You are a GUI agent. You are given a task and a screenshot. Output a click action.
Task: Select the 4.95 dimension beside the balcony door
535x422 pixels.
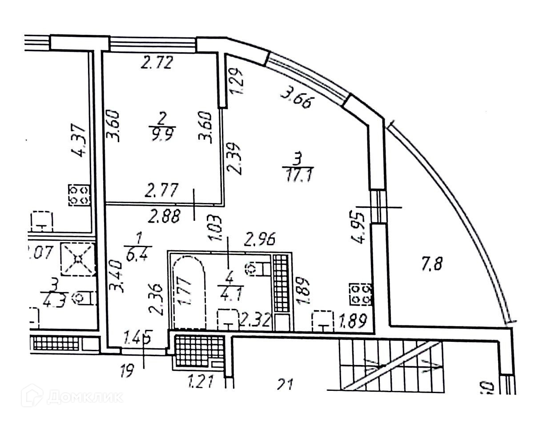[360, 227]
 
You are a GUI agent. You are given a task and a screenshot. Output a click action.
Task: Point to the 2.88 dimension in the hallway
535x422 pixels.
[165, 217]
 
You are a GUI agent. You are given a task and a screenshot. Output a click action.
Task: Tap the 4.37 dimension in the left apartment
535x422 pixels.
[80, 140]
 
